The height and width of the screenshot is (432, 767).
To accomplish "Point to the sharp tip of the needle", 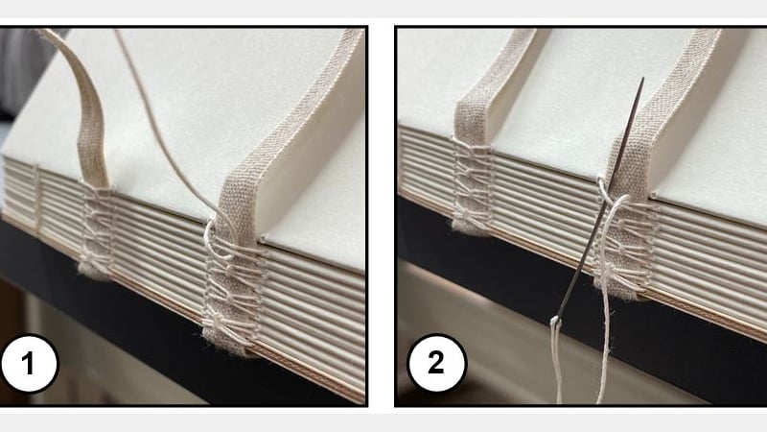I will (641, 81).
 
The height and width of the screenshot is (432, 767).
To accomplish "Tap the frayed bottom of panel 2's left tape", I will (470, 227).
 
